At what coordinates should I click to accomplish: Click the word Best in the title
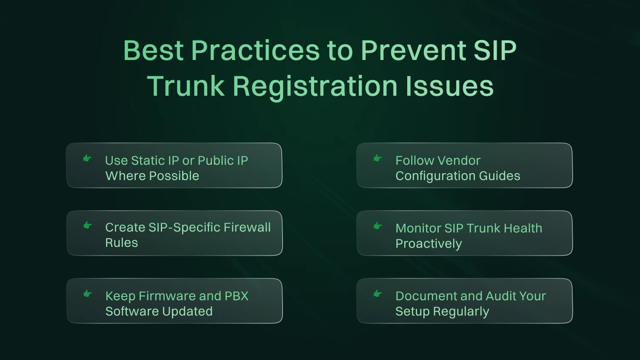[x=154, y=50]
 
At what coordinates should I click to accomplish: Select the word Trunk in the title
[x=186, y=86]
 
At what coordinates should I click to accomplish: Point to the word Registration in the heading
[x=315, y=86]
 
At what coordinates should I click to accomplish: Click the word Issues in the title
[x=449, y=86]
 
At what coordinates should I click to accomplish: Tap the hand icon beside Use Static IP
[x=87, y=158]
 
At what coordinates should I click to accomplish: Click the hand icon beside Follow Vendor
[x=377, y=158]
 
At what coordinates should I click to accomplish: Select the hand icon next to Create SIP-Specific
[x=87, y=226]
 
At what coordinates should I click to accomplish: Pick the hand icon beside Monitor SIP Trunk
[x=377, y=226]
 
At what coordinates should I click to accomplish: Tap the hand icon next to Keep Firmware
[x=87, y=294]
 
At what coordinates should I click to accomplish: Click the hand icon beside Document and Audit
[x=377, y=294]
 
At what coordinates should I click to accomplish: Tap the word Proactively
[x=429, y=244]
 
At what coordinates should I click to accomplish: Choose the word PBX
[x=236, y=296]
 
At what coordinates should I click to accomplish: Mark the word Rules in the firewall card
[x=122, y=243]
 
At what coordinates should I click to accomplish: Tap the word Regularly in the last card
[x=461, y=311]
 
